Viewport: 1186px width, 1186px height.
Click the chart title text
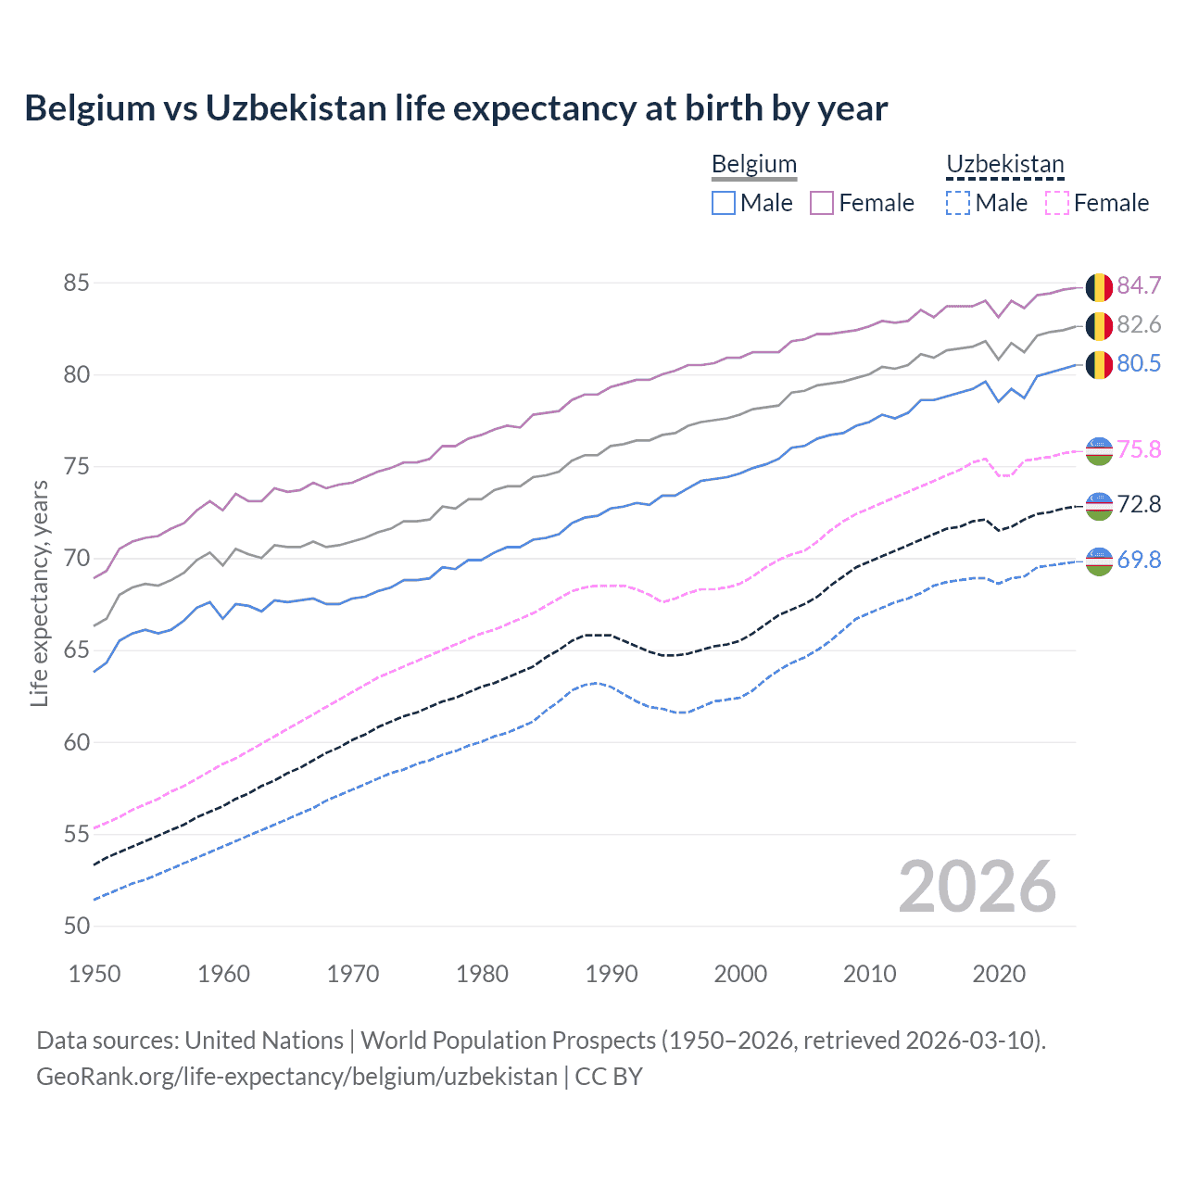coord(456,108)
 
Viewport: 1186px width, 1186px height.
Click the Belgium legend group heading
coord(753,164)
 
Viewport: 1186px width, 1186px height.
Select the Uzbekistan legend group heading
coord(1004,164)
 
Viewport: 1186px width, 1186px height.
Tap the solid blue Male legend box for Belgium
coord(724,203)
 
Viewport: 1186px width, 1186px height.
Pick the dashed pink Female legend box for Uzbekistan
coord(1057,203)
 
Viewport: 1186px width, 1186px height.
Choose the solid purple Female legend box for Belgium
coord(822,203)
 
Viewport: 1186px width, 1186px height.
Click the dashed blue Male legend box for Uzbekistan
coord(958,203)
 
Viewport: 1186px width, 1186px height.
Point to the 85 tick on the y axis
coord(76,283)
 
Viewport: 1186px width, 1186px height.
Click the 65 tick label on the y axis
coord(76,650)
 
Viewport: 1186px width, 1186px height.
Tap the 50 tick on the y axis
coord(76,926)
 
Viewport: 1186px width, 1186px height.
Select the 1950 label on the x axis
coord(95,974)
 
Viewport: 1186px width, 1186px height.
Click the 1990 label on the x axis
coord(612,974)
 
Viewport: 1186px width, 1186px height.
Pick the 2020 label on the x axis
coord(999,974)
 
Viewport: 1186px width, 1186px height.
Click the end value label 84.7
coord(1139,285)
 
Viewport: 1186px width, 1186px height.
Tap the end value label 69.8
coord(1139,560)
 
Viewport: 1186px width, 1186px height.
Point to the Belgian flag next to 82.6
coord(1099,326)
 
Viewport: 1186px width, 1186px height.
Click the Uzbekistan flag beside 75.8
coord(1099,451)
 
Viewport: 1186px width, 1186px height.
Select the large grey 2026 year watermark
coord(978,887)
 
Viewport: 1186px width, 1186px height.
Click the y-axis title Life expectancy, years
coord(39,593)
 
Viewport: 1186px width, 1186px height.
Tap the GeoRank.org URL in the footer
coord(296,1077)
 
